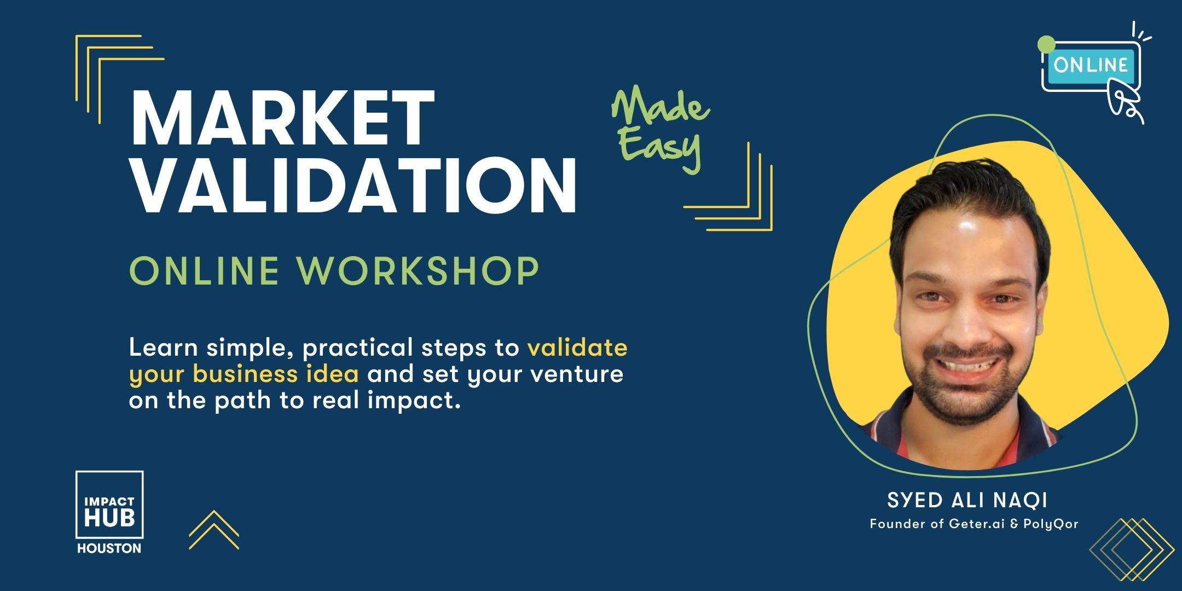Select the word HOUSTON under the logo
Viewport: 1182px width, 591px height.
click(x=109, y=548)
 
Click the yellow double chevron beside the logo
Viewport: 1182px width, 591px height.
click(x=214, y=529)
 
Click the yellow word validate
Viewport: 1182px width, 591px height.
click(x=577, y=348)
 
